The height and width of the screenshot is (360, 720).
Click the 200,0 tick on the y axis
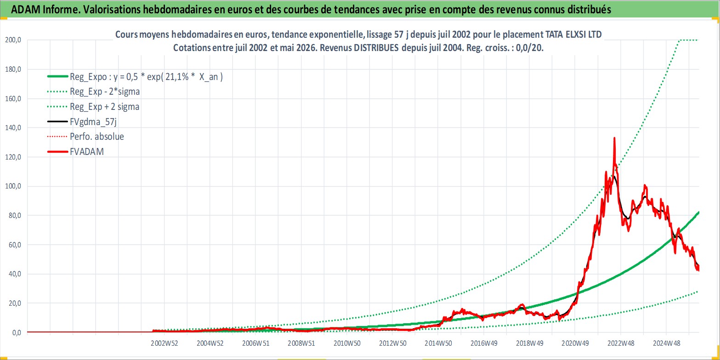click(x=13, y=40)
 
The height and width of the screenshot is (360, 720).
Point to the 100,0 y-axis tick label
click(x=13, y=186)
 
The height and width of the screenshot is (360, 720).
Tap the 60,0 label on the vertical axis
click(x=15, y=245)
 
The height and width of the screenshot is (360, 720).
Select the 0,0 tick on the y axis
click(x=17, y=333)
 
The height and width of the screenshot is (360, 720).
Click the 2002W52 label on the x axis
click(x=164, y=343)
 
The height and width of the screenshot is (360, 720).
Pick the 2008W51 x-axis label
click(x=301, y=343)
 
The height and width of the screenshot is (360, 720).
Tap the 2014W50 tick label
click(x=438, y=343)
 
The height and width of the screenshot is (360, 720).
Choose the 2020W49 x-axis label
click(x=575, y=343)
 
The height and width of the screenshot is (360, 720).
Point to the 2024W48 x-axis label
click(x=666, y=343)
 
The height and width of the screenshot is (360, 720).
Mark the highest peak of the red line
click(x=614, y=137)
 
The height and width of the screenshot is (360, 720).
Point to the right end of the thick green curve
click(x=698, y=212)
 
